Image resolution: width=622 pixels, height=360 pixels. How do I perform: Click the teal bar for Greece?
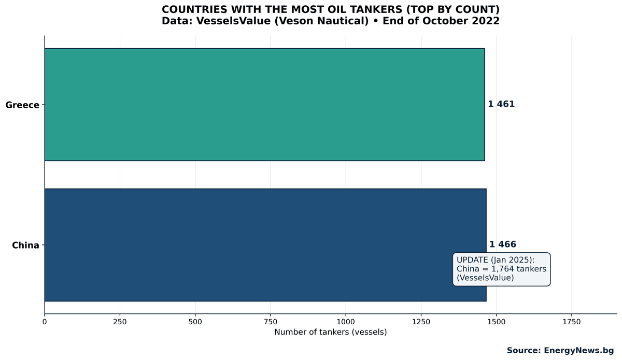[264, 105]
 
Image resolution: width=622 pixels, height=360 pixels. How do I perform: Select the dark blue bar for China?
[249, 244]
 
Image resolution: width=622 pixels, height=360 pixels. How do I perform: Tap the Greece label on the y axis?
[22, 105]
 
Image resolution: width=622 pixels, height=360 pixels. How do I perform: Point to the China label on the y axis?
[26, 245]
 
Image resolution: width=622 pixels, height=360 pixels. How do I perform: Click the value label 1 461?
[501, 104]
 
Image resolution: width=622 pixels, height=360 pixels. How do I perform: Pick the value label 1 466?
[503, 244]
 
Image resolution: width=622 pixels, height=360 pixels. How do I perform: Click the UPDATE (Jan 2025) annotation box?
[501, 269]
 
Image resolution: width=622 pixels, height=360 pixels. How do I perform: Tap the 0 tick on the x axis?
[45, 322]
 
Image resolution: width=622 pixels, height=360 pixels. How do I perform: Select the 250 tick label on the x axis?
[120, 322]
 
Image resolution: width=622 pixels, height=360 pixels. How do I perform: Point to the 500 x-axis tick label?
[195, 322]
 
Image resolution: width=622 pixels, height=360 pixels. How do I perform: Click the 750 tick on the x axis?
[271, 322]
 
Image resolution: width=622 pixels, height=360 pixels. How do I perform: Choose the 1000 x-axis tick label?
[346, 322]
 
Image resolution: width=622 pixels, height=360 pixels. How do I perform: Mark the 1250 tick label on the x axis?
[421, 322]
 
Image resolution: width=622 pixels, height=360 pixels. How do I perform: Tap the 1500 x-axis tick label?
[497, 322]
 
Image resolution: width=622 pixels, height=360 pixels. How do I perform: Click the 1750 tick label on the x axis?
[572, 322]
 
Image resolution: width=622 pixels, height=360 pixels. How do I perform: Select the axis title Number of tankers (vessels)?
[331, 332]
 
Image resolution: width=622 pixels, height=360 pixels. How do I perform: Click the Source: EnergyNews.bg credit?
[560, 351]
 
